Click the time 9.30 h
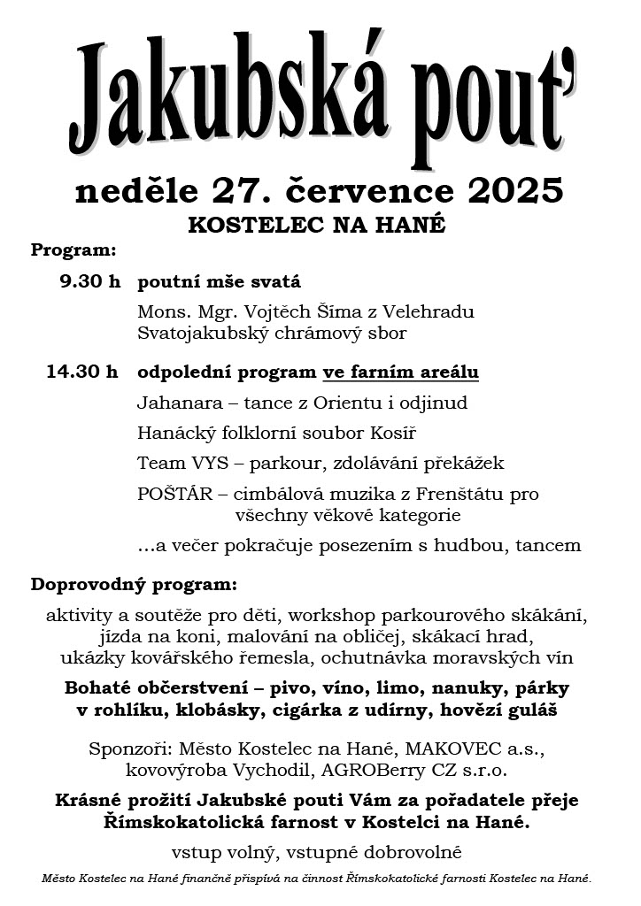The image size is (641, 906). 89,283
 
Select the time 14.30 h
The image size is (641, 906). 82,372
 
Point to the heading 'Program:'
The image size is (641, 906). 73,250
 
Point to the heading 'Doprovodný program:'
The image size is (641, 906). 134,586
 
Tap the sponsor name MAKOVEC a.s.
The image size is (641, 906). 490,749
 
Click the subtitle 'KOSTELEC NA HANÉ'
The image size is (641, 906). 316,226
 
